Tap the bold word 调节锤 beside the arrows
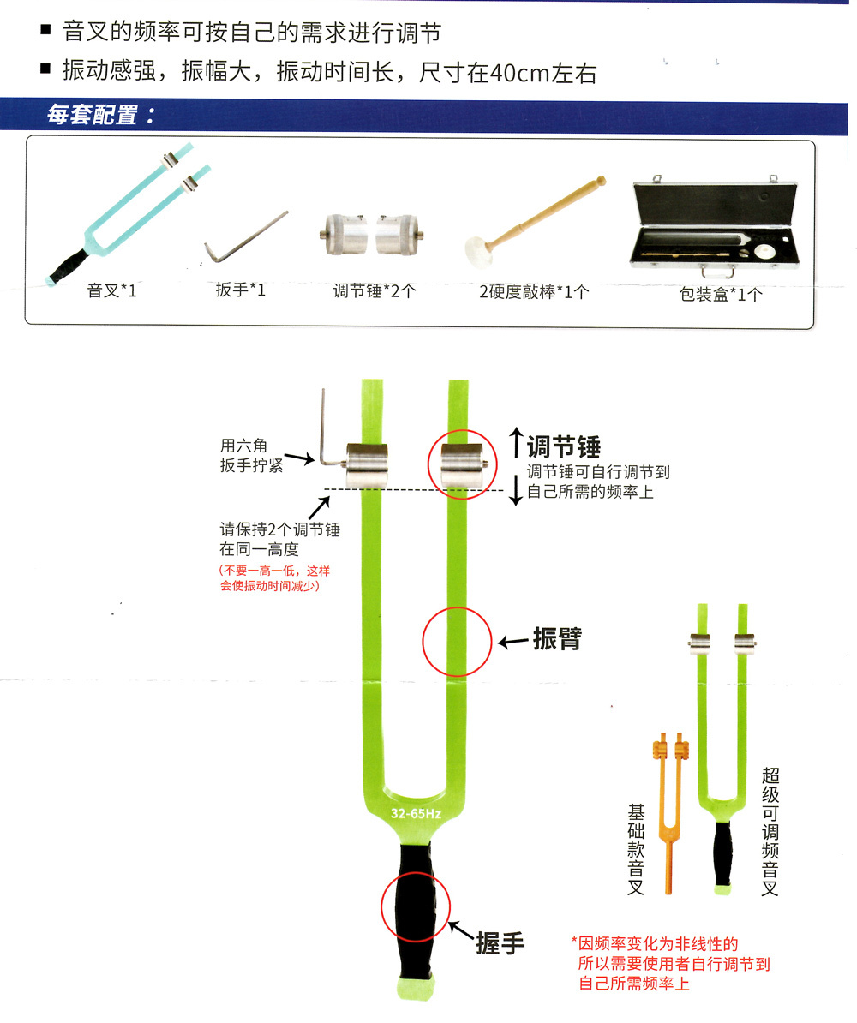coord(563,446)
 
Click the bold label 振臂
coord(556,639)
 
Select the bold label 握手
coord(500,943)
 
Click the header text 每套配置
coord(100,116)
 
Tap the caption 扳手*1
coord(241,290)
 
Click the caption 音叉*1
coord(111,291)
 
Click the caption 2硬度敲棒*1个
coord(535,292)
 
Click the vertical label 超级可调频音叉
coord(770,831)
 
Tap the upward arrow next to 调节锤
coord(515,443)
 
